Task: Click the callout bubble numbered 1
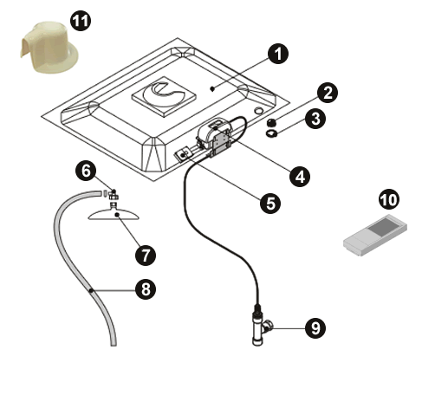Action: click(278, 54)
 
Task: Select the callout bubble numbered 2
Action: click(328, 93)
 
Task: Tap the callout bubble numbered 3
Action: click(315, 119)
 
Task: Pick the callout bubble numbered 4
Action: click(300, 176)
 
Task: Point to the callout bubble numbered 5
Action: click(270, 204)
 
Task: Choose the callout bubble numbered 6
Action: click(86, 171)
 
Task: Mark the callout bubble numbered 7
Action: click(146, 255)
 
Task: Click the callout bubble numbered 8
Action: click(146, 289)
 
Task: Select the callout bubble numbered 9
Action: click(315, 328)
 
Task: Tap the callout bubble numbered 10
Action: click(389, 199)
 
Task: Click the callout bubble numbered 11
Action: click(81, 21)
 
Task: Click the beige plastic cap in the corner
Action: click(49, 47)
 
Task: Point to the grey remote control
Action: click(375, 235)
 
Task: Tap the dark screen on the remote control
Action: click(384, 225)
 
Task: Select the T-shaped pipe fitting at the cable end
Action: click(260, 327)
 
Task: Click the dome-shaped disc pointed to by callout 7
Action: click(114, 213)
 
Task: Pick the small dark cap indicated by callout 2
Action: click(271, 123)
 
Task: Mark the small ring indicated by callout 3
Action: click(271, 133)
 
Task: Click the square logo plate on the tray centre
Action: click(164, 96)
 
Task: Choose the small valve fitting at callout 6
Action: click(113, 195)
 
